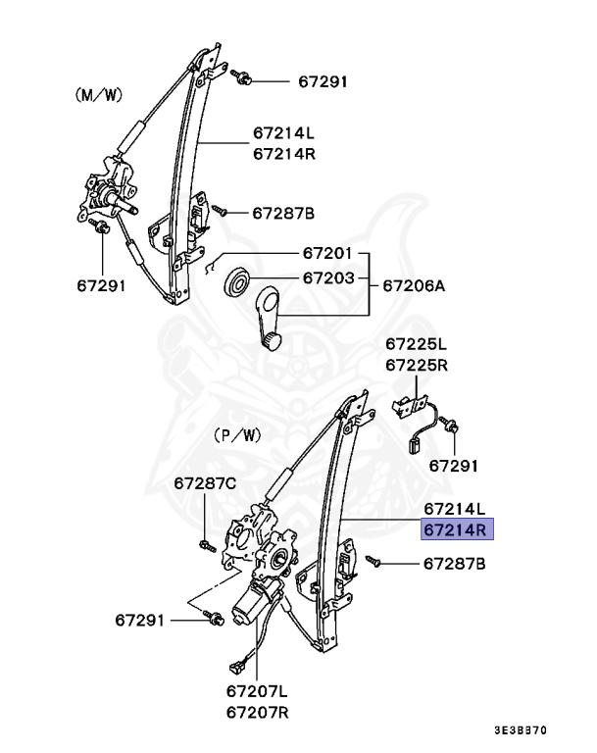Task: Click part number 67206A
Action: pos(413,286)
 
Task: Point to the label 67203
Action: pos(327,278)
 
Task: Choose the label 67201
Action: pos(327,253)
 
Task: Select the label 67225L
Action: pos(416,344)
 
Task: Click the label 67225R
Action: pos(416,365)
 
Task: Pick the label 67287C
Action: pos(206,483)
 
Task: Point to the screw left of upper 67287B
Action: pos(222,212)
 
